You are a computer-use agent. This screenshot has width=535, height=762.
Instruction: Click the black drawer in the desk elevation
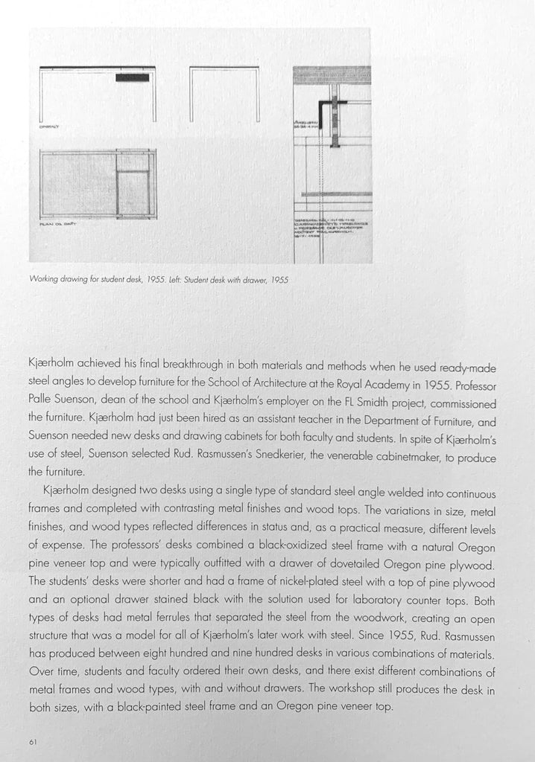pos(132,77)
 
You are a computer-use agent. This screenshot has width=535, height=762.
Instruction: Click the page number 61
pos(33,740)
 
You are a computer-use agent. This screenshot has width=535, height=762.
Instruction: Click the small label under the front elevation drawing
pos(48,127)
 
